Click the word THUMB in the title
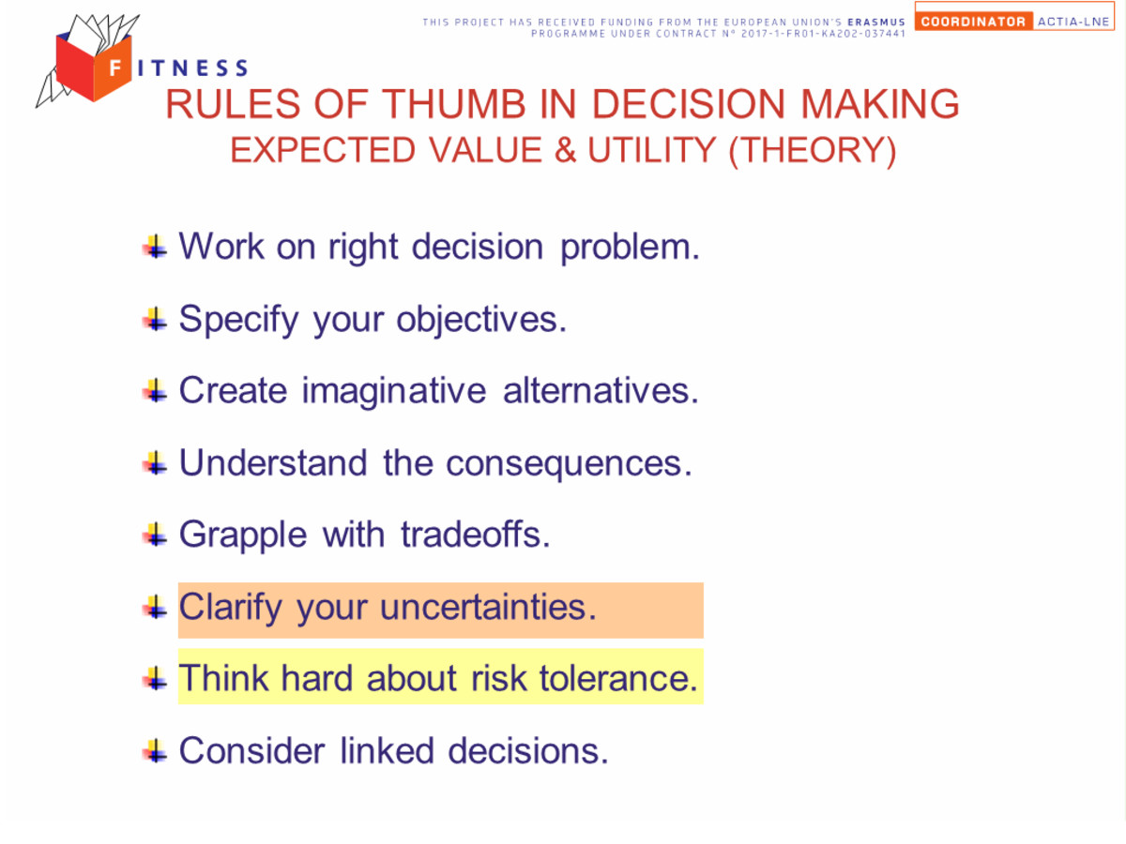point(454,104)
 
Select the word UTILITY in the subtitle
point(651,150)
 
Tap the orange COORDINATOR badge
point(973,22)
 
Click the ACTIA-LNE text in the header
point(1073,22)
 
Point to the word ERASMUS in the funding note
point(876,22)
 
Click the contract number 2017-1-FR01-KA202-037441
point(823,34)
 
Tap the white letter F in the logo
point(114,68)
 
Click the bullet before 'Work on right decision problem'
point(155,247)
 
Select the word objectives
point(481,320)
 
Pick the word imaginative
point(394,391)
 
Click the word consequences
point(569,464)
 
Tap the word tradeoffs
point(475,535)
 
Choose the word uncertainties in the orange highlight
point(488,608)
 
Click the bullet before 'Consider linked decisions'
point(155,751)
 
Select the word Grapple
point(243,535)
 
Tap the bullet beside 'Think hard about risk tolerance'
point(155,679)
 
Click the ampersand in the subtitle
point(565,150)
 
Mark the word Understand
point(273,462)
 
